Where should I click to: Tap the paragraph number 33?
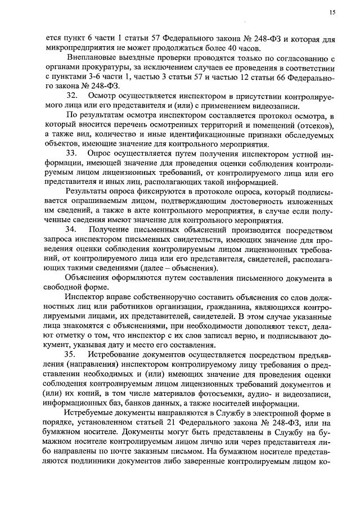(x=72, y=154)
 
